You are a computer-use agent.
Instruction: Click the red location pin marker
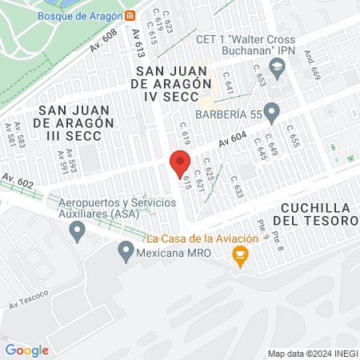[x=180, y=162]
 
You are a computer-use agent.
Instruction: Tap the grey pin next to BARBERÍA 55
[x=272, y=112]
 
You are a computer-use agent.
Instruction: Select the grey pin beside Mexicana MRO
[x=126, y=254]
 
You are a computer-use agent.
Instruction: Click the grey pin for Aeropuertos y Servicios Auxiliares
[x=77, y=233]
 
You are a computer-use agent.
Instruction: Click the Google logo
[x=26, y=350]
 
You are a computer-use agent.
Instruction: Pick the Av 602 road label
[x=18, y=179]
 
